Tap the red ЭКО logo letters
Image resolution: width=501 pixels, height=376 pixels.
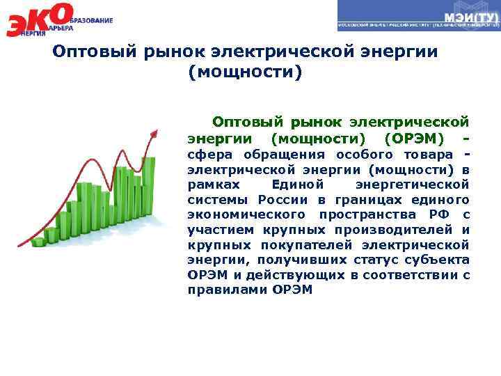click(x=38, y=19)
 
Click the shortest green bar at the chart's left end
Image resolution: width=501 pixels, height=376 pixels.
click(x=37, y=242)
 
